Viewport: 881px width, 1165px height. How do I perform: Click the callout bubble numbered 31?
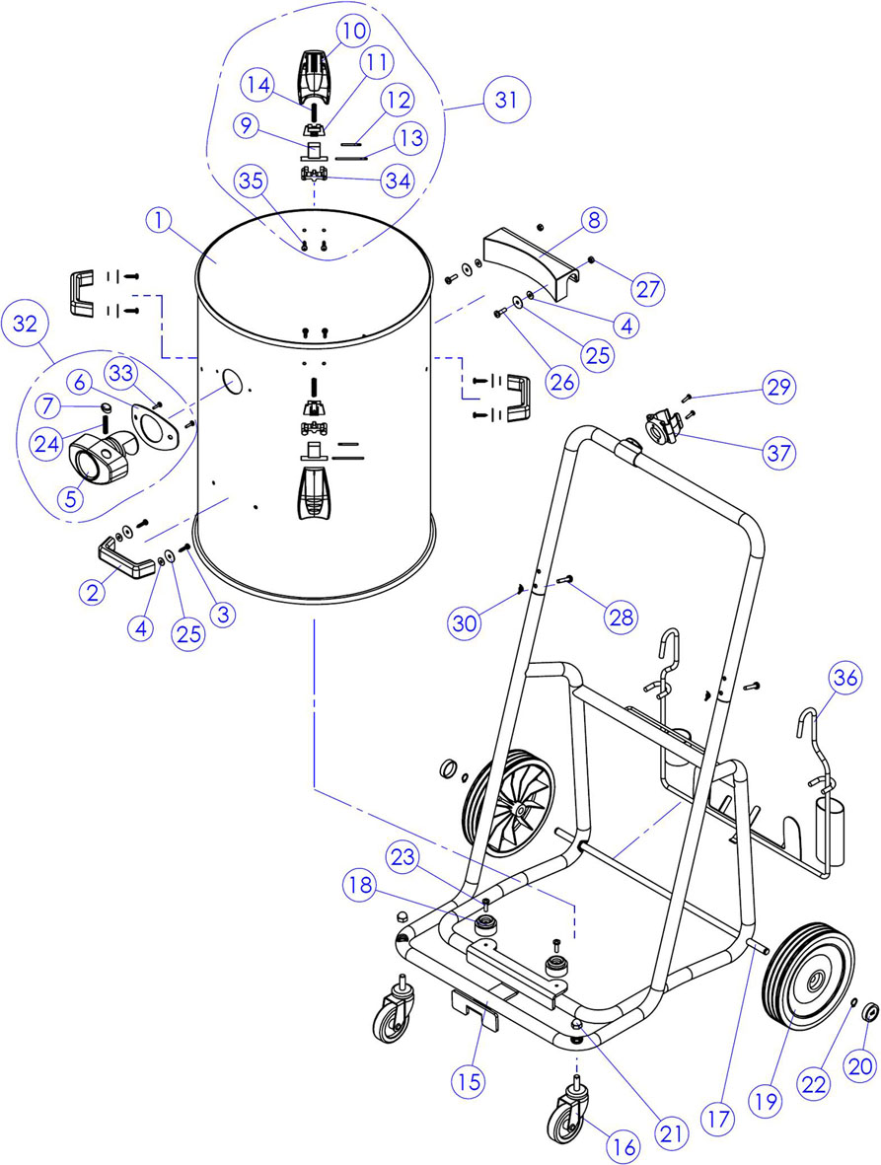click(506, 100)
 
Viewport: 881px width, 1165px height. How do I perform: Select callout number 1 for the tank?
click(159, 221)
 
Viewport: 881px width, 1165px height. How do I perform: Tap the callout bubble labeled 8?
click(594, 220)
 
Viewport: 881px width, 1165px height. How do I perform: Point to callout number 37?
click(779, 452)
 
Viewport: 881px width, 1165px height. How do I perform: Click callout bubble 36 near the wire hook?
click(845, 678)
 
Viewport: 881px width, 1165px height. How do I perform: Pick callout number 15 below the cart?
click(470, 1082)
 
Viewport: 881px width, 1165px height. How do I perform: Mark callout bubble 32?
click(26, 325)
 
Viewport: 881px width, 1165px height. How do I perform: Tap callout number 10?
click(353, 32)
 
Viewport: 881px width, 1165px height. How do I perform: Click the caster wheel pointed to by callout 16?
click(567, 1119)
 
